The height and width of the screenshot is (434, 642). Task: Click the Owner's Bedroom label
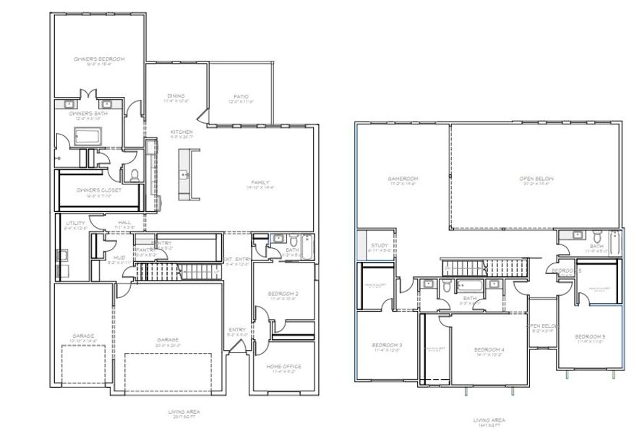pos(99,59)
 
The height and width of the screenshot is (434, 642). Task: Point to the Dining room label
pos(176,95)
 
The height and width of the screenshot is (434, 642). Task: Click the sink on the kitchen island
pos(186,174)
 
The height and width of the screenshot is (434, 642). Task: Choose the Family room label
pos(260,182)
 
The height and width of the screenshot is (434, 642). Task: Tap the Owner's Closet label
pos(99,190)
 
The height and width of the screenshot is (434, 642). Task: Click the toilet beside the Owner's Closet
pos(134,174)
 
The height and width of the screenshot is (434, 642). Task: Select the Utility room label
pos(75,224)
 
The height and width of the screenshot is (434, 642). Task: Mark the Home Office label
pos(283,367)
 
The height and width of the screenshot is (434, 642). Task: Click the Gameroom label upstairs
pos(403,178)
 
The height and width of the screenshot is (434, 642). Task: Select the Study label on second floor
pos(380,246)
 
